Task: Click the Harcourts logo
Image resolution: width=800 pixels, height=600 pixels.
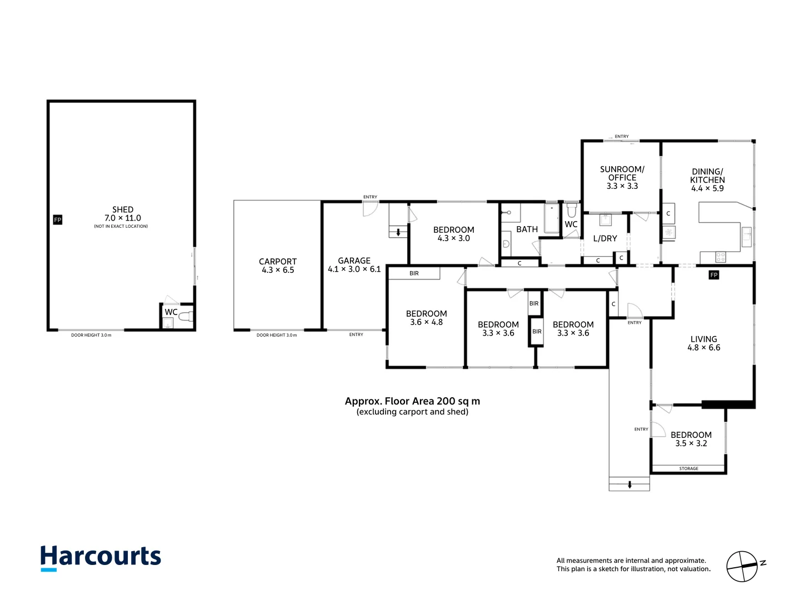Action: (101, 557)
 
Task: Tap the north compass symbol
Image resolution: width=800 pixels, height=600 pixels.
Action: (743, 567)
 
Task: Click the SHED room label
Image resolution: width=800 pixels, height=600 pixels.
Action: (123, 210)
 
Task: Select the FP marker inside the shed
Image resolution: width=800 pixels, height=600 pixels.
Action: (57, 220)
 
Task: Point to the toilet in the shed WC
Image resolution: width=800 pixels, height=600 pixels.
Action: (186, 317)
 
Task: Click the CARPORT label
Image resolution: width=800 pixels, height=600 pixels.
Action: (278, 262)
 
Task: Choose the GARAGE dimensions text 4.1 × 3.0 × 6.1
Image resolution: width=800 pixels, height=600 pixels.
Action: (354, 269)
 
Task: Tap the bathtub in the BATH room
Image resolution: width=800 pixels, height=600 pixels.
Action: (551, 218)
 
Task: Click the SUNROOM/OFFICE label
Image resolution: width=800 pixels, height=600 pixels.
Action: (622, 173)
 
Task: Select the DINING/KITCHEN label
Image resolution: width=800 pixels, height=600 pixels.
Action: (707, 176)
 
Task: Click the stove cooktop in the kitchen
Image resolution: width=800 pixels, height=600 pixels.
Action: (721, 257)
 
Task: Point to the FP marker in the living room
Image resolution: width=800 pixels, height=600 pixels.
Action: (714, 275)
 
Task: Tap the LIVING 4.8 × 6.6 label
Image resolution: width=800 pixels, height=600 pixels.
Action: (704, 343)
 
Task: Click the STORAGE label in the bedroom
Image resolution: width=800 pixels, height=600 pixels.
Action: (688, 469)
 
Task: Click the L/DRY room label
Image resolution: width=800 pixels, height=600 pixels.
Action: (605, 238)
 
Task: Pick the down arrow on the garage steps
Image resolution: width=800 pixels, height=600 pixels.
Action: (398, 233)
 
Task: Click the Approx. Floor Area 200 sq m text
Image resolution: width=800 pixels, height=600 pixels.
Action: (412, 401)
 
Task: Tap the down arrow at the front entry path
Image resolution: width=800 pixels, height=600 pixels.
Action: (629, 484)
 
